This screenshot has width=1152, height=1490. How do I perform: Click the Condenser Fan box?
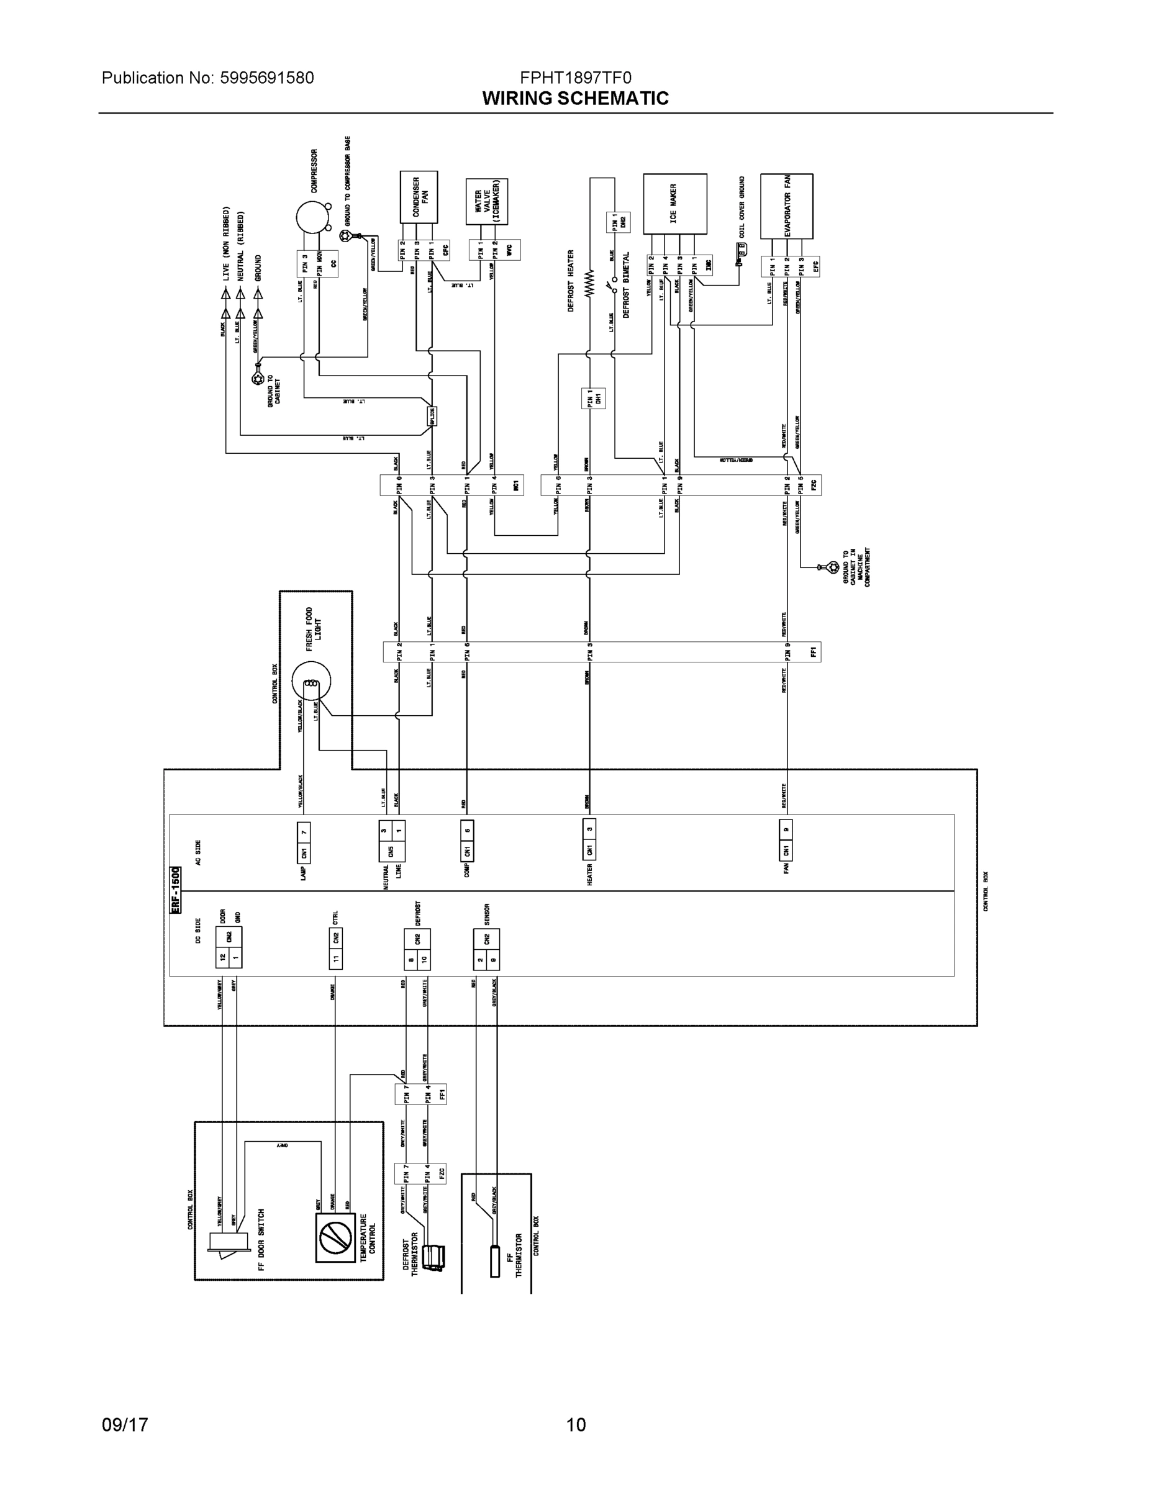(x=419, y=197)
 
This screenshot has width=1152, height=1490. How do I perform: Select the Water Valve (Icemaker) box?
(x=487, y=202)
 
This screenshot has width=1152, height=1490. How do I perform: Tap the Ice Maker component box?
(x=674, y=203)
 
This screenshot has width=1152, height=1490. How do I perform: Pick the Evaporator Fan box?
(x=786, y=205)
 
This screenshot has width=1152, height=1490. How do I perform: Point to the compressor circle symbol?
(x=312, y=217)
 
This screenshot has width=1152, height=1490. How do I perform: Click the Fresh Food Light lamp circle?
(x=311, y=682)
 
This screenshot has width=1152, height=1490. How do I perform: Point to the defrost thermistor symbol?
(x=433, y=1257)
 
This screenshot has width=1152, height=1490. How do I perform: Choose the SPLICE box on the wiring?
(x=432, y=416)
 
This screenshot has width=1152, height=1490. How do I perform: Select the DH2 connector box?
(x=618, y=222)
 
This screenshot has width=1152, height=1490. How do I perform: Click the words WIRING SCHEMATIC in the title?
(x=574, y=98)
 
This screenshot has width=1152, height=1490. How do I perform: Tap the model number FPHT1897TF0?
(x=575, y=78)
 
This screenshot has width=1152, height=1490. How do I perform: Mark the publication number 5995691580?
(x=266, y=78)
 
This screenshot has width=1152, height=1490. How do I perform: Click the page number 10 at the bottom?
(x=575, y=1425)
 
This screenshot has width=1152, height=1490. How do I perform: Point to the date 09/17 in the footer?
(x=125, y=1425)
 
